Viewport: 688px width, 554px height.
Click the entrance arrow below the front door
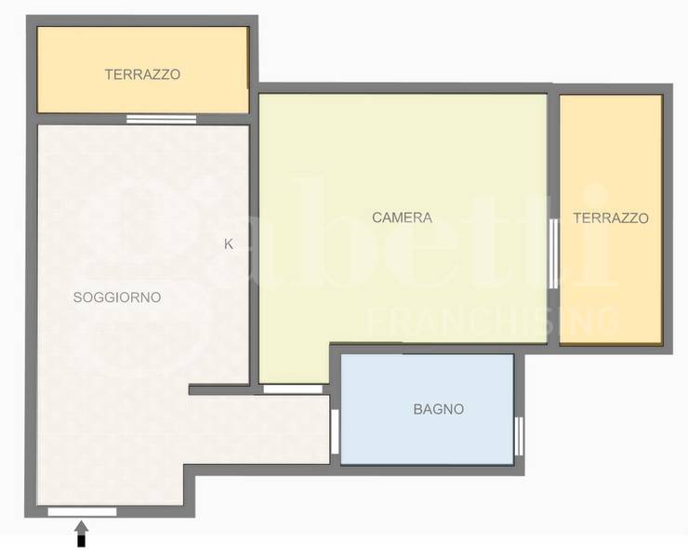(x=81, y=534)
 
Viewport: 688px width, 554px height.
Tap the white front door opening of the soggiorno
(x=83, y=511)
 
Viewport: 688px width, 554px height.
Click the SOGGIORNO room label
(x=117, y=297)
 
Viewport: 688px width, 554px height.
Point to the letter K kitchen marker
(x=229, y=244)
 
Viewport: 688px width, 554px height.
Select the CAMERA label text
(x=402, y=218)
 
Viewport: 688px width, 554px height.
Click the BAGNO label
(x=439, y=409)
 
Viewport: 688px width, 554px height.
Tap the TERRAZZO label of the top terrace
(x=142, y=74)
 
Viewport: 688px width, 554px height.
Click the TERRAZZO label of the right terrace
(x=611, y=218)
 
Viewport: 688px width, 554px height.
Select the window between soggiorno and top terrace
(x=162, y=119)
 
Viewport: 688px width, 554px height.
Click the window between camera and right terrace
(x=554, y=254)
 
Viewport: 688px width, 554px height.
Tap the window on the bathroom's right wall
(x=519, y=437)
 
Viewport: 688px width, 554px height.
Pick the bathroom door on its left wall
(x=335, y=431)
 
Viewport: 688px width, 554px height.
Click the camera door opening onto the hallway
(x=293, y=389)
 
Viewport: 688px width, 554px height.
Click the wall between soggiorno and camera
(x=254, y=255)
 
